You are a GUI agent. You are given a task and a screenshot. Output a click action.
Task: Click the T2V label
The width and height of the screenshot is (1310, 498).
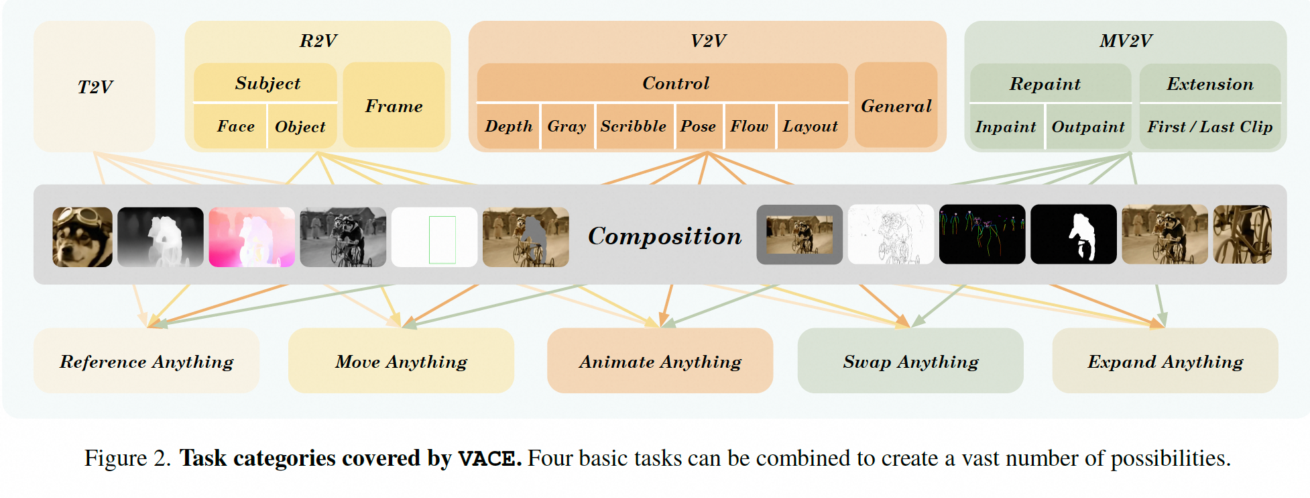95,87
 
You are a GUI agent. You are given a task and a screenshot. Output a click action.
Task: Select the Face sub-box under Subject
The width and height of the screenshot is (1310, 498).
235,127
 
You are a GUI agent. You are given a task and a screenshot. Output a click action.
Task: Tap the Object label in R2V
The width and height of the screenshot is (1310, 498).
300,127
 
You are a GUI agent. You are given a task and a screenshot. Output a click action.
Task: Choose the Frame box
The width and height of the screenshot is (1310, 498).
394,106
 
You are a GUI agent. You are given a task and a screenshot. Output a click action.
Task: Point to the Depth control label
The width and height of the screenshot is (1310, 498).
508,126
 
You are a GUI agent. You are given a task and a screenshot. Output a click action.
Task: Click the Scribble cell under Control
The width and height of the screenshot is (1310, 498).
633,126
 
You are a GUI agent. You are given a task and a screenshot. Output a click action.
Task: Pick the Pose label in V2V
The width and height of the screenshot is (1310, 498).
698,126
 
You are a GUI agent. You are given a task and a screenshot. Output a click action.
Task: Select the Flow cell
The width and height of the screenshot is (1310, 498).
749,126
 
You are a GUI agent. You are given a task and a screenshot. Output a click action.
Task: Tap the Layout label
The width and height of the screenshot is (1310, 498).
810,126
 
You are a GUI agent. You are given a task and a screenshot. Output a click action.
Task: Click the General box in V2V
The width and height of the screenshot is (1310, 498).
896,106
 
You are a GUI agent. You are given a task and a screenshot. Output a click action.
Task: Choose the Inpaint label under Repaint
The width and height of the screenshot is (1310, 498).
1005,127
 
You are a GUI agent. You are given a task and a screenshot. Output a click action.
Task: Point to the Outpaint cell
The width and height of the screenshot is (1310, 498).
1087,127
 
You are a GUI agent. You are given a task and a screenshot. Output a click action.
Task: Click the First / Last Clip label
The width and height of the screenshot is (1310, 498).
1209,127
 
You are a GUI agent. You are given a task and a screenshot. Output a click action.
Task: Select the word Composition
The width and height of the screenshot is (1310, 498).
664,236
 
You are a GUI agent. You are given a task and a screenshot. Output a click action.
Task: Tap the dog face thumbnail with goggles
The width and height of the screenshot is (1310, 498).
82,237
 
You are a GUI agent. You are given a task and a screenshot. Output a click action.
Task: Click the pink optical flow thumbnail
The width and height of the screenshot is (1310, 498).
251,237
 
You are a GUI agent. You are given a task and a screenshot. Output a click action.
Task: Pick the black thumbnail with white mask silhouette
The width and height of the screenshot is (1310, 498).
1073,234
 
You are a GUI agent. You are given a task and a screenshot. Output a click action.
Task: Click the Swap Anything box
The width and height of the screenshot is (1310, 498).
910,361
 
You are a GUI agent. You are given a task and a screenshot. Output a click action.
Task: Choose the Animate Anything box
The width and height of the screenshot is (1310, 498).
660,361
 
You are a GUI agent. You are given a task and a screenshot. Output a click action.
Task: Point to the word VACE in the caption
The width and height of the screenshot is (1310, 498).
489,458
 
